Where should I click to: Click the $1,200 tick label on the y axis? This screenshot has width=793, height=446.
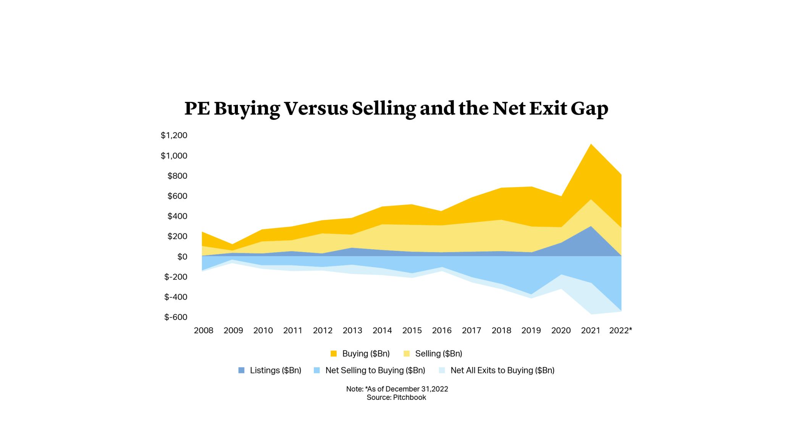(174, 135)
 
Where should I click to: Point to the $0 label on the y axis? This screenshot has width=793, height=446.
(182, 257)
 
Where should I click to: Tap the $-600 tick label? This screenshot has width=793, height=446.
(176, 317)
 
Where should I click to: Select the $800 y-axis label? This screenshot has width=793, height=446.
(177, 176)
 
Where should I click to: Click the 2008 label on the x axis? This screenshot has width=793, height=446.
(203, 330)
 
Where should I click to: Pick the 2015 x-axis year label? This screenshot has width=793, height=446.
(412, 330)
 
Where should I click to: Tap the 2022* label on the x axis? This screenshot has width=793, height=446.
(620, 330)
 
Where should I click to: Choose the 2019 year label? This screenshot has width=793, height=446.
(531, 330)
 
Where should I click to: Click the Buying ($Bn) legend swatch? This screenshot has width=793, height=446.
(334, 354)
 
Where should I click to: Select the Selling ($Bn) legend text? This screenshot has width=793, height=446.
(438, 354)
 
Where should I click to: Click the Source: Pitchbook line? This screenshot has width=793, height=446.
(396, 398)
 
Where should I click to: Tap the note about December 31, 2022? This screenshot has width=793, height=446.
(397, 389)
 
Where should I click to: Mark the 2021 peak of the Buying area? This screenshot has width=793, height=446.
(591, 145)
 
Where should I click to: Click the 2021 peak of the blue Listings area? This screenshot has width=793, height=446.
(591, 227)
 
